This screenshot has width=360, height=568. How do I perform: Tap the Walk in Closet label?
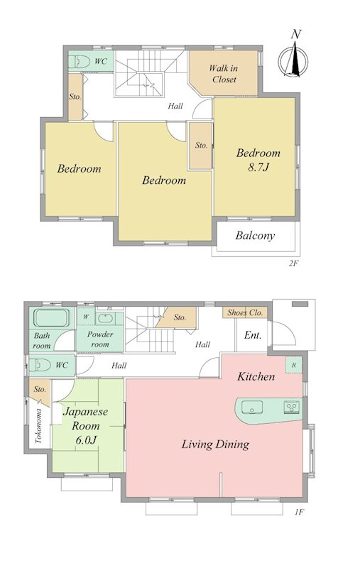click(x=224, y=74)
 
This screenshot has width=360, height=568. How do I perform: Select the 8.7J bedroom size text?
click(x=258, y=167)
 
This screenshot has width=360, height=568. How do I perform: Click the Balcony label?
click(x=255, y=236)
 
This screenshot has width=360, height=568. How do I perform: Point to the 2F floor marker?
click(x=293, y=263)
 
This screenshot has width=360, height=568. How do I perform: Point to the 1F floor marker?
click(x=298, y=512)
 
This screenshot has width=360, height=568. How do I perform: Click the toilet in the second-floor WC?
click(x=80, y=61)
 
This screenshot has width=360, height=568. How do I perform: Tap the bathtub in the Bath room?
click(x=51, y=317)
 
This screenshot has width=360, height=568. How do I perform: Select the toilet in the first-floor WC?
click(x=40, y=365)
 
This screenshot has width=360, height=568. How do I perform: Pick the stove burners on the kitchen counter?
click(x=292, y=406)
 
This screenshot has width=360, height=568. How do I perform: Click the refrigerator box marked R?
click(x=294, y=365)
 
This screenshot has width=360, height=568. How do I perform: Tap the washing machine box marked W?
click(x=86, y=317)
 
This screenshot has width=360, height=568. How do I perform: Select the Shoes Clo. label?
click(x=245, y=312)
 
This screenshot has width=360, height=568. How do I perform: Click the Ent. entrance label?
click(x=253, y=335)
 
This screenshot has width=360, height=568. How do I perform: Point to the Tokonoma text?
click(x=38, y=426)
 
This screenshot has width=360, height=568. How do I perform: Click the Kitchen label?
click(x=256, y=377)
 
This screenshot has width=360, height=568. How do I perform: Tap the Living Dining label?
click(x=215, y=444)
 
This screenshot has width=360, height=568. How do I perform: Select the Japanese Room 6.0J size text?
click(x=86, y=440)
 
